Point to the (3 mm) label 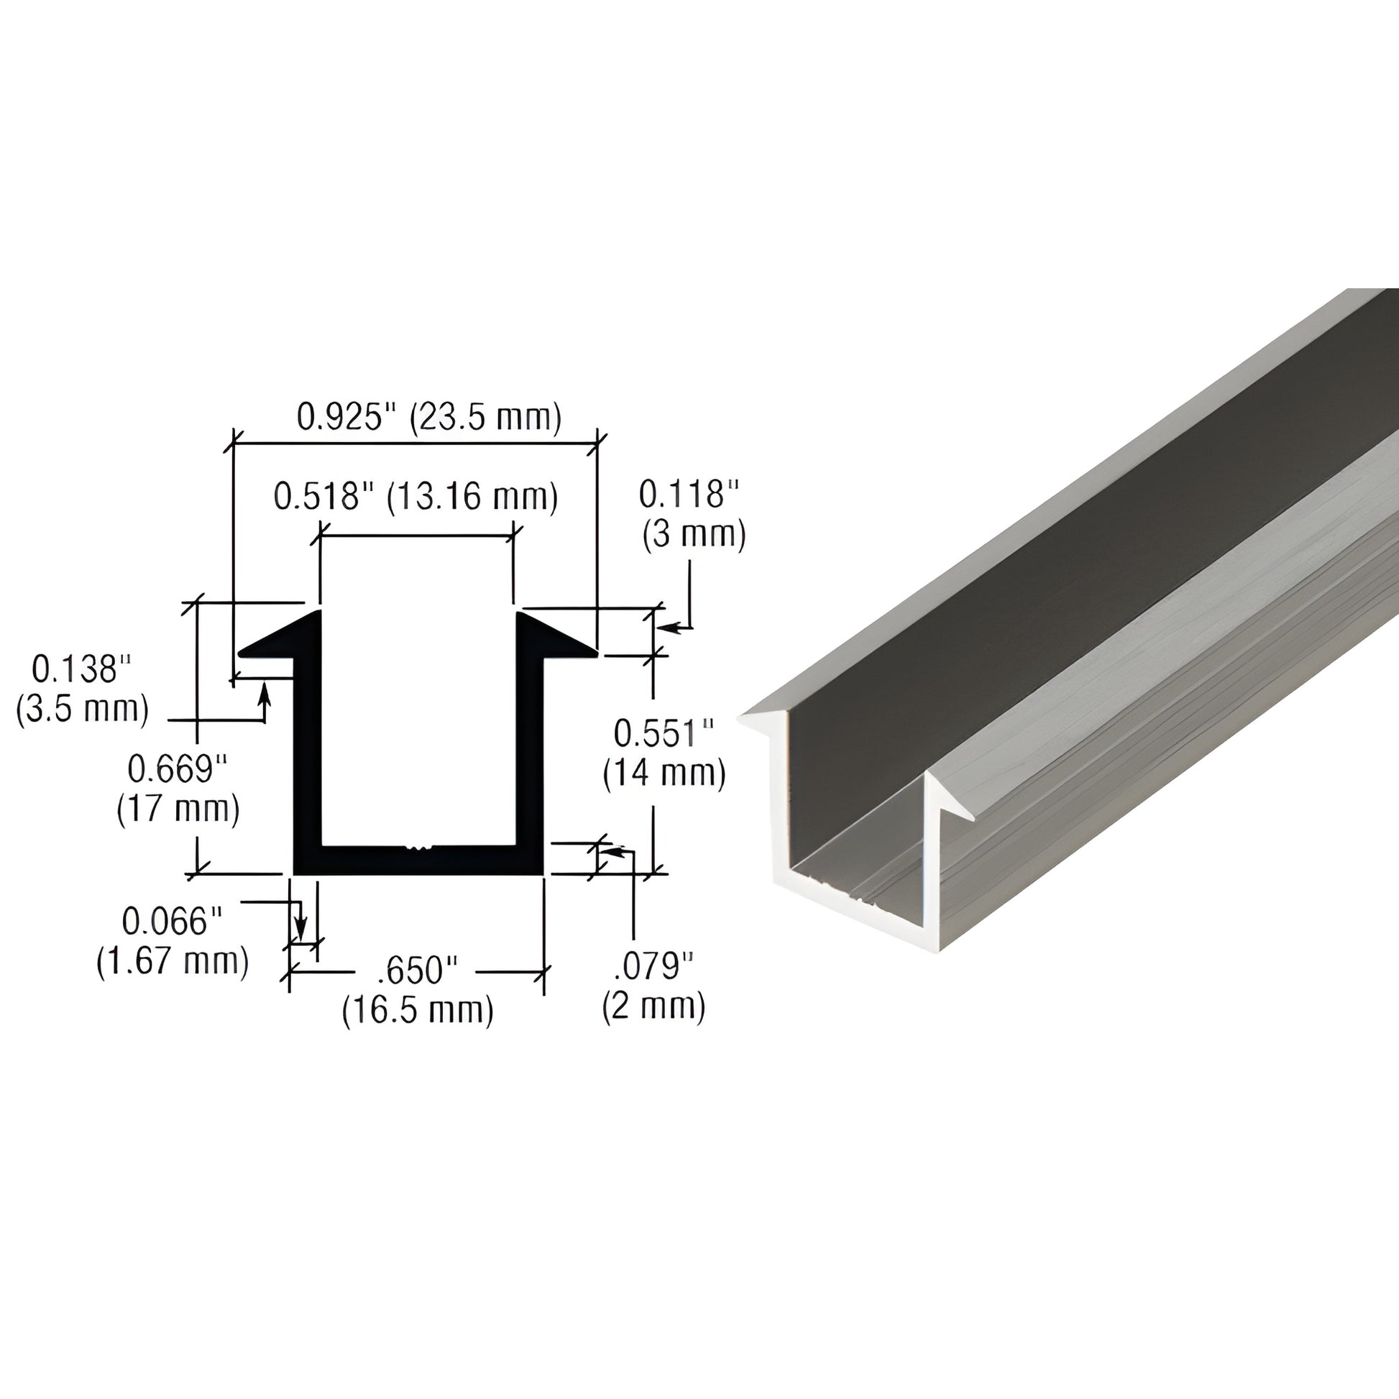pyautogui.click(x=694, y=535)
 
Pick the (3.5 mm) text pyautogui.click(x=83, y=709)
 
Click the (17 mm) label pyautogui.click(x=178, y=809)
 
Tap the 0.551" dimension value pyautogui.click(x=664, y=733)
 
